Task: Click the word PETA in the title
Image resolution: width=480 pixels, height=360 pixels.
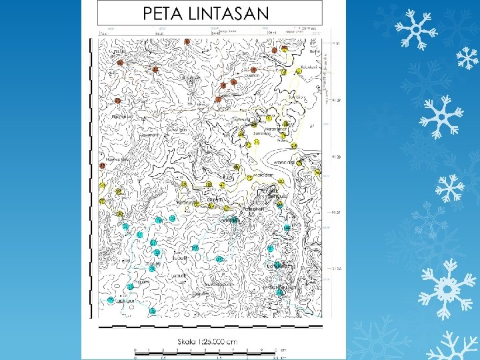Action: pyautogui.click(x=164, y=13)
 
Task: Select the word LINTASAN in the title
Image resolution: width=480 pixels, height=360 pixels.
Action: pyautogui.click(x=229, y=13)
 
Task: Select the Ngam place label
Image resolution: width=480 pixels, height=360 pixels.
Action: pyautogui.click(x=139, y=283)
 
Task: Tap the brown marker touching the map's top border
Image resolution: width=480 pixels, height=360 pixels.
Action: pyautogui.click(x=187, y=41)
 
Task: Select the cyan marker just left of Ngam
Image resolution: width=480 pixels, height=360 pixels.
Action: pyautogui.click(x=130, y=287)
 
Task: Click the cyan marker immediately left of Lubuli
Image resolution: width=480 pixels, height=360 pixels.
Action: pyautogui.click(x=157, y=253)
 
